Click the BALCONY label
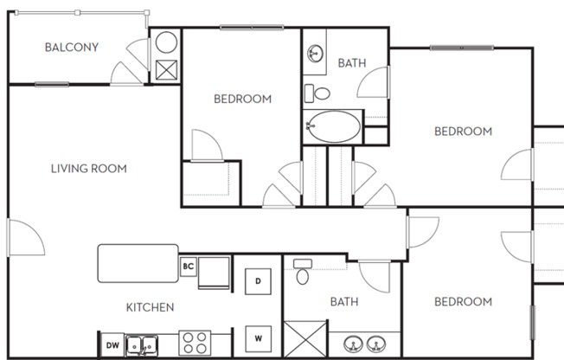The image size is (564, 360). tap(71, 48)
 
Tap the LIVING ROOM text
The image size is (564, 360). tap(89, 169)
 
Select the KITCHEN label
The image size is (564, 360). tap(150, 307)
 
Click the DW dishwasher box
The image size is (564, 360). tap(112, 345)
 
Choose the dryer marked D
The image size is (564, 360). tap(258, 280)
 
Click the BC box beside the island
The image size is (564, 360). tap(188, 267)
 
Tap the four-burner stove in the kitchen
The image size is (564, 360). tap(195, 344)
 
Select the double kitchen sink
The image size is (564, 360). tap(144, 344)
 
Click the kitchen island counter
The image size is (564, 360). tap(136, 264)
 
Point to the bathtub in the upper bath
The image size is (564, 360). tap(333, 127)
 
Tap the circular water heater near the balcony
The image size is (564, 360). tap(165, 42)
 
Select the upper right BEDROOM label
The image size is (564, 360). tap(463, 132)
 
